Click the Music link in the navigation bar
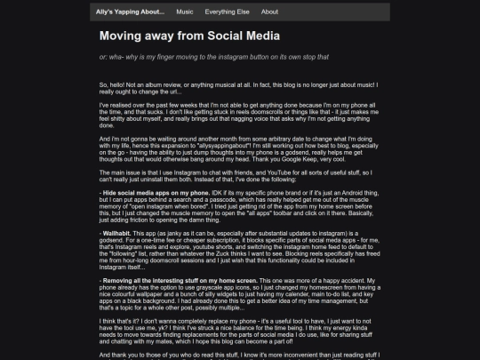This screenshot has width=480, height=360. click(x=185, y=12)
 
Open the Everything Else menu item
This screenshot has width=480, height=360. click(x=227, y=12)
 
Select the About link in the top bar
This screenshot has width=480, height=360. click(x=270, y=12)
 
